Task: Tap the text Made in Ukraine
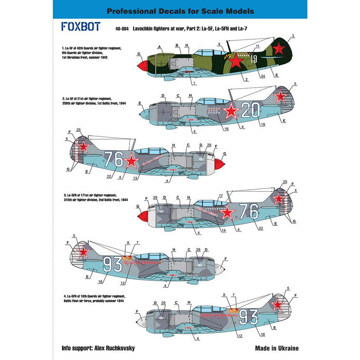(x=276, y=348)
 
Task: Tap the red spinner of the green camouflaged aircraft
(x=141, y=67)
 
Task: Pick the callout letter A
(x=160, y=46)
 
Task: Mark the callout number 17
(x=220, y=195)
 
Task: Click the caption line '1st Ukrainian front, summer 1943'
(x=84, y=58)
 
